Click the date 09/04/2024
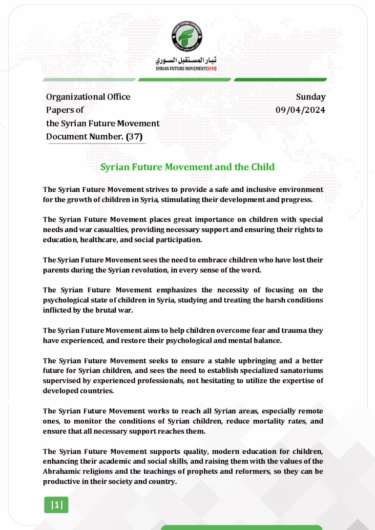pyautogui.click(x=300, y=110)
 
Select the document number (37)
pyautogui.click(x=131, y=137)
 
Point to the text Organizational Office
pyautogui.click(x=88, y=97)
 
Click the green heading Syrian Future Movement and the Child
pyautogui.click(x=187, y=167)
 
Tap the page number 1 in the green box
pyautogui.click(x=57, y=505)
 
